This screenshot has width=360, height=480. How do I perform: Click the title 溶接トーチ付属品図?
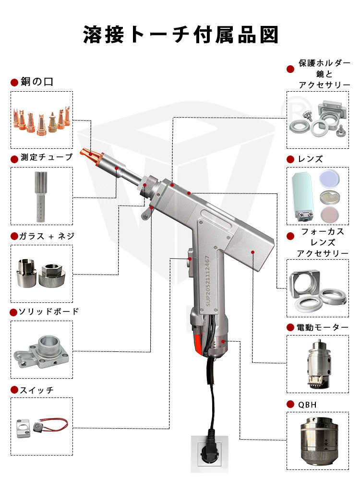180,35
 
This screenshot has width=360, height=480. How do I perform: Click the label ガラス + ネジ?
47,236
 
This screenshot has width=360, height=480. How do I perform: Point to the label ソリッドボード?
48,312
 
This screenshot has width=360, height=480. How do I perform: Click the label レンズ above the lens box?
310,159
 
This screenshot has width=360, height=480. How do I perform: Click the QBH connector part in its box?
317,441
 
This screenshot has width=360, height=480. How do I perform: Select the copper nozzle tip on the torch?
92,155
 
